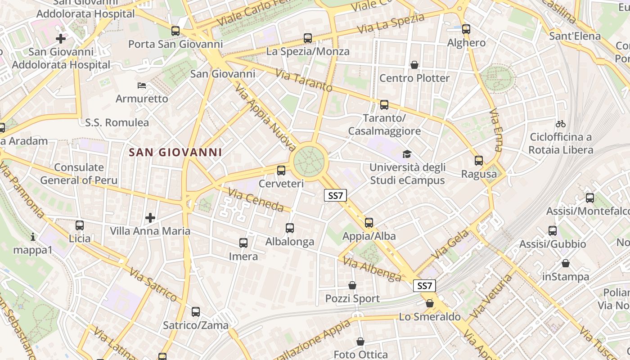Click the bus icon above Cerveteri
point(281,170)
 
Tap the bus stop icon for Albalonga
point(290,228)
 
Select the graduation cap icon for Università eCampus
point(407,154)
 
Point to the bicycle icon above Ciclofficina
point(561,124)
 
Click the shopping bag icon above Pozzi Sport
point(352,285)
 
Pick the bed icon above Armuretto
point(142,85)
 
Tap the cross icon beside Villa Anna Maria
point(150,218)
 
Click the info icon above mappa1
point(33,236)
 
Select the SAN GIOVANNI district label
point(175,153)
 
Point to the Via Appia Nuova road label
point(265,118)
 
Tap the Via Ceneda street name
point(256,200)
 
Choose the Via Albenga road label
point(372,269)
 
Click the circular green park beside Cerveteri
point(309,160)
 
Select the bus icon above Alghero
point(466,29)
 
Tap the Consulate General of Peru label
point(79,174)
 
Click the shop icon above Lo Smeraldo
point(430,303)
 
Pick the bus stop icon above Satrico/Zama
point(196,311)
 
